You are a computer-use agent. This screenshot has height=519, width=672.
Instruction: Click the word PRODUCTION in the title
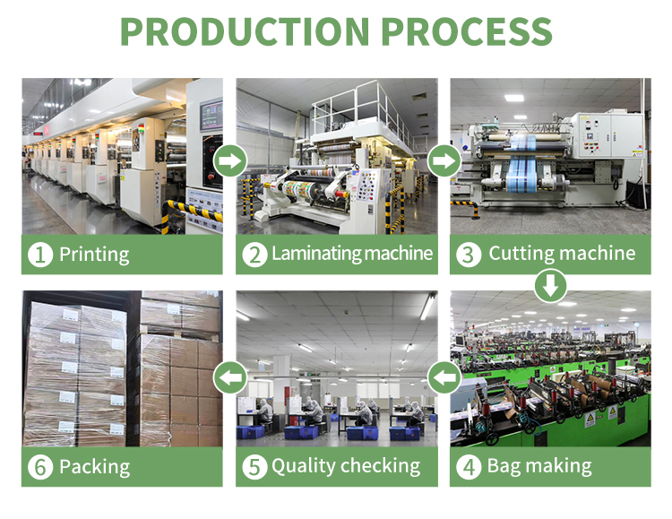[245, 31]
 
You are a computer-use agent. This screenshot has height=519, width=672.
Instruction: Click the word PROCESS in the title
[467, 31]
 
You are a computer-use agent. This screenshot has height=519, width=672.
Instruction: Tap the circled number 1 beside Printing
[40, 255]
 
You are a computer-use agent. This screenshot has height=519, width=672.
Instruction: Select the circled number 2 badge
[254, 255]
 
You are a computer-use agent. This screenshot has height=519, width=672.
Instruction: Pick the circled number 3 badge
[469, 255]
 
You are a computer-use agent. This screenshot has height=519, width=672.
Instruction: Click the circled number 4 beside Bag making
[469, 467]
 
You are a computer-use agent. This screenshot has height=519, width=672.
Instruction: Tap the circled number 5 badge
[254, 467]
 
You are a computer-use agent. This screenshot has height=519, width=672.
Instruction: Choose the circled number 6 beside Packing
[40, 467]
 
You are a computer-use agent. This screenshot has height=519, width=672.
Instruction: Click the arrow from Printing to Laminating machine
[230, 160]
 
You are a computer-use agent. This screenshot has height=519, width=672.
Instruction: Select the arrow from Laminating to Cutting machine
[444, 160]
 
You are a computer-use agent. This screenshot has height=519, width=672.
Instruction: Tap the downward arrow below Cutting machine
[551, 286]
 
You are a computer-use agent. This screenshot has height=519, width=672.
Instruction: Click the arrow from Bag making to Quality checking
[444, 377]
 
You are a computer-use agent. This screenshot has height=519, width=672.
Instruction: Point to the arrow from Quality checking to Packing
[230, 377]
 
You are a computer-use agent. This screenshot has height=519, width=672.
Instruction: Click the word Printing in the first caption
[94, 255]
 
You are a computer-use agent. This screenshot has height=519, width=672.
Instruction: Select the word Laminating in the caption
[316, 254]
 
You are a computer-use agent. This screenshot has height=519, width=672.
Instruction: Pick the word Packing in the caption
[95, 467]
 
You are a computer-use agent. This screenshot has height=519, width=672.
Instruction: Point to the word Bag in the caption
[502, 467]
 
